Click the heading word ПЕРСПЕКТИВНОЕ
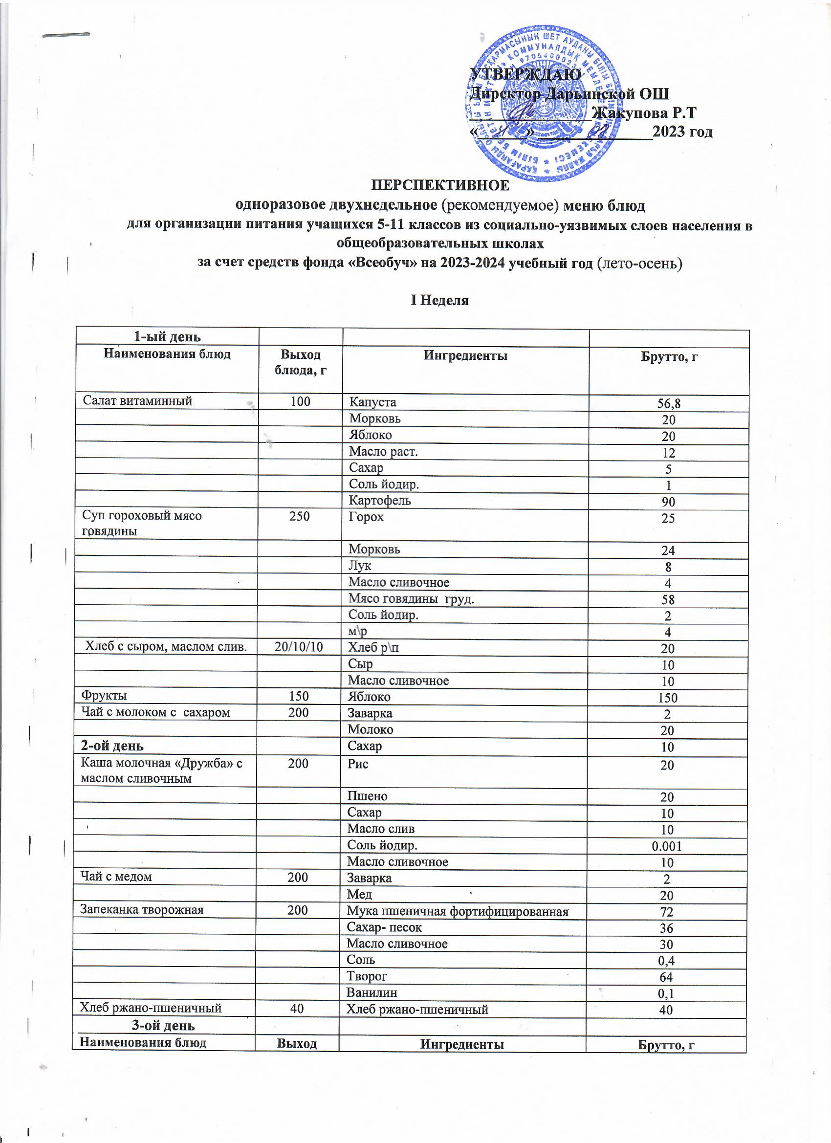[x=440, y=185]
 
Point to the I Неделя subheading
[x=439, y=301]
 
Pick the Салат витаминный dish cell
[x=137, y=401]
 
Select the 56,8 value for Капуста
[x=669, y=403]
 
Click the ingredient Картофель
[x=380, y=501]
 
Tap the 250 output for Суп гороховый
[x=299, y=517]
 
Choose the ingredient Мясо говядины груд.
[x=411, y=599]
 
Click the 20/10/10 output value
[x=298, y=647]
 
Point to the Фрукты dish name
[x=104, y=696]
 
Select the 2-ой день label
[x=112, y=746]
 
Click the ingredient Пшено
[x=368, y=796]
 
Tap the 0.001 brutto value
[x=666, y=846]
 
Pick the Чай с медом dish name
[x=116, y=877]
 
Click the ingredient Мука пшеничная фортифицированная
[x=458, y=911]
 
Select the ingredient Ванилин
[x=372, y=992]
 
